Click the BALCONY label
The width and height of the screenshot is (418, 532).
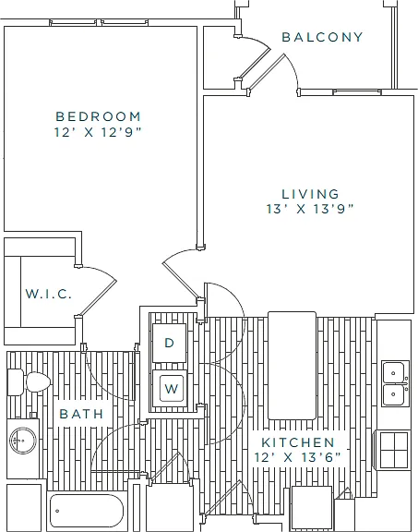click(x=322, y=37)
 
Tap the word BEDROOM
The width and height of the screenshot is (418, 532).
click(x=98, y=116)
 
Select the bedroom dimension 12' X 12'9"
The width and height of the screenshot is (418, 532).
click(x=98, y=132)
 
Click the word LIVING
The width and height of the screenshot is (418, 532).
click(x=310, y=194)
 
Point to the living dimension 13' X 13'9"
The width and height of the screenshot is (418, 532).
click(x=310, y=209)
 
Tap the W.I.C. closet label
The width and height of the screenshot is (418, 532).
click(x=49, y=294)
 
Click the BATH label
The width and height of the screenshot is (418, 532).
click(x=81, y=414)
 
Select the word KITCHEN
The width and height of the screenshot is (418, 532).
click(x=298, y=442)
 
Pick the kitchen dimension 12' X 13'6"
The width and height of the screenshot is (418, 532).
click(x=298, y=457)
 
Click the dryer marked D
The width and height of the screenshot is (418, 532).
click(x=169, y=343)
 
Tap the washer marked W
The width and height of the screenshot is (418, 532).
click(x=170, y=388)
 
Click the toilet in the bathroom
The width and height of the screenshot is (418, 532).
click(x=30, y=382)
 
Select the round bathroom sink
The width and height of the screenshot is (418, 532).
click(x=23, y=441)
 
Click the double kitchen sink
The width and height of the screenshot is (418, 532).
click(x=396, y=383)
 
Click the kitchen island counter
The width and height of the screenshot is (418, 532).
click(x=292, y=366)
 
